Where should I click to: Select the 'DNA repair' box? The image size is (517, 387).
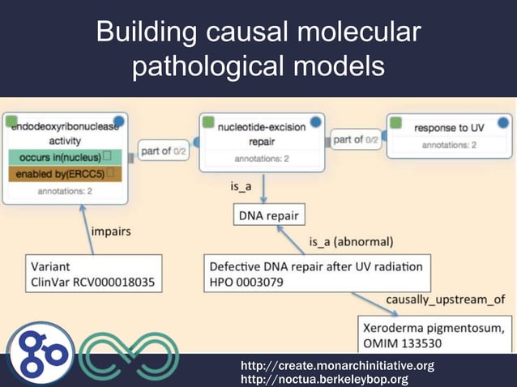pos(268,216)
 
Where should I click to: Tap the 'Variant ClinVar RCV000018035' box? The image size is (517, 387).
pos(93,274)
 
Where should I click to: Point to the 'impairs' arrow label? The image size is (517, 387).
pos(112,231)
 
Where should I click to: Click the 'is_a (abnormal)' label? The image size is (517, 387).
pos(351,241)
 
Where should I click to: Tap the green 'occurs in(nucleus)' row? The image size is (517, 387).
pos(64,156)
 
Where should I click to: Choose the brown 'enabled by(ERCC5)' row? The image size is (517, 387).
pos(64,173)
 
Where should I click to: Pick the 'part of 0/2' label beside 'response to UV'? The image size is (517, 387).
pos(356,140)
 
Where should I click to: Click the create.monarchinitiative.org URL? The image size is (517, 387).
pos(337,366)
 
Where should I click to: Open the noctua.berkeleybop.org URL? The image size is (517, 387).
pos(324,380)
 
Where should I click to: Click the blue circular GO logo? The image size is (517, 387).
pos(41,355)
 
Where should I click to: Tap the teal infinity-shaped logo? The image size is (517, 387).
pos(129,355)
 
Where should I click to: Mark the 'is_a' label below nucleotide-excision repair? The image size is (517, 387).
pos(241,186)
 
